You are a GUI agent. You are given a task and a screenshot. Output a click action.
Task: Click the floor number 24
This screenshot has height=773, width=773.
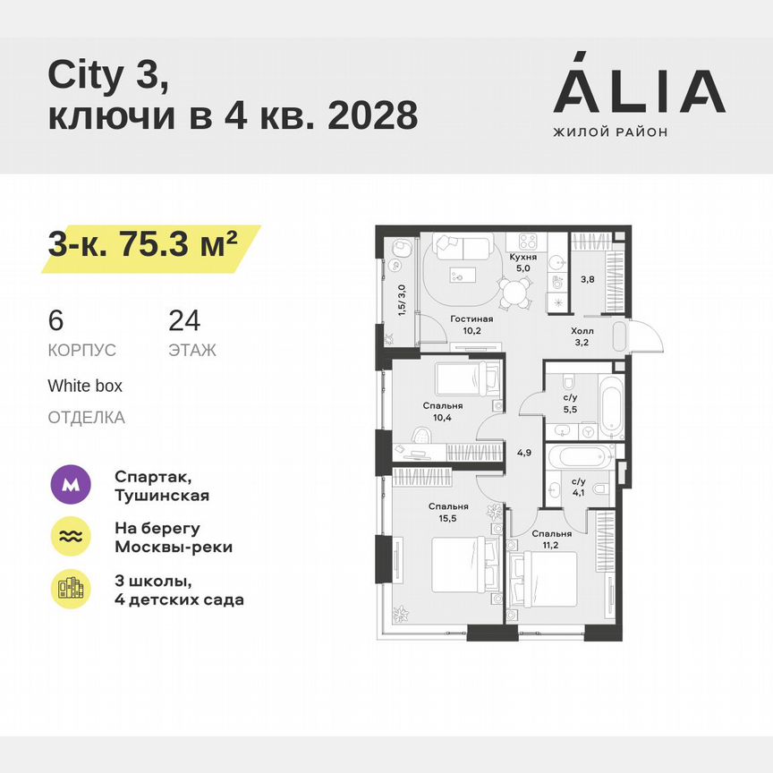click(184, 321)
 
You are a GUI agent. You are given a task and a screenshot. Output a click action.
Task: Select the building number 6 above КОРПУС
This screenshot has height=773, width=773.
click(56, 321)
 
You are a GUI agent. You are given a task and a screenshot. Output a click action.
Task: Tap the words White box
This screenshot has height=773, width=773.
click(85, 386)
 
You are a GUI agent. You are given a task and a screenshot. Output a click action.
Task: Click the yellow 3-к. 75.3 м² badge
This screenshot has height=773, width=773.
click(143, 243)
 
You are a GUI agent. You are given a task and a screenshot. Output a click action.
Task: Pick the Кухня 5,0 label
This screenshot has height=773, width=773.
click(522, 260)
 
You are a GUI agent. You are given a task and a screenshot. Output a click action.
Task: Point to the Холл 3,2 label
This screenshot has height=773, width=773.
click(582, 336)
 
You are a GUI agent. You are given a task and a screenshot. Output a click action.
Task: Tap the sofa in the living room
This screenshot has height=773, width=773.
click(462, 246)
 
